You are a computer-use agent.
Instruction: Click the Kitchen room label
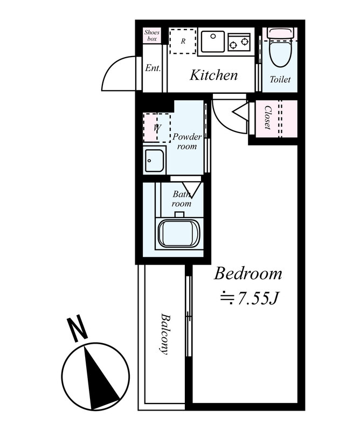pos(213,75)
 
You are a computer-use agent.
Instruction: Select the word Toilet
pos(280,79)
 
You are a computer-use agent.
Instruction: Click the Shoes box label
pos(152,36)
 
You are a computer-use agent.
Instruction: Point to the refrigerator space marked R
pos(183,41)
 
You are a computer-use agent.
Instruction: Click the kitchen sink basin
pos(212,41)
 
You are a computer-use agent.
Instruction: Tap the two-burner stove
pos(239,42)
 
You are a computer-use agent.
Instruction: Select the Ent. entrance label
pos(153,68)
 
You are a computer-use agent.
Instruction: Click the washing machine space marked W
pos(157,128)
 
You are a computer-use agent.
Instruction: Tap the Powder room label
pos(187,141)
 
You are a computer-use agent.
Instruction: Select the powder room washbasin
pos(155,160)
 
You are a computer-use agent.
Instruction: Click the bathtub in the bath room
pos(179,234)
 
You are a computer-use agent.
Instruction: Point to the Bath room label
pos(182,199)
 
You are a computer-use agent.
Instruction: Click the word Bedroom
pos(248,274)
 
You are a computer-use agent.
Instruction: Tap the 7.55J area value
pos(250,298)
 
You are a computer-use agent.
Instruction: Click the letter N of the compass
pos(78,329)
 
